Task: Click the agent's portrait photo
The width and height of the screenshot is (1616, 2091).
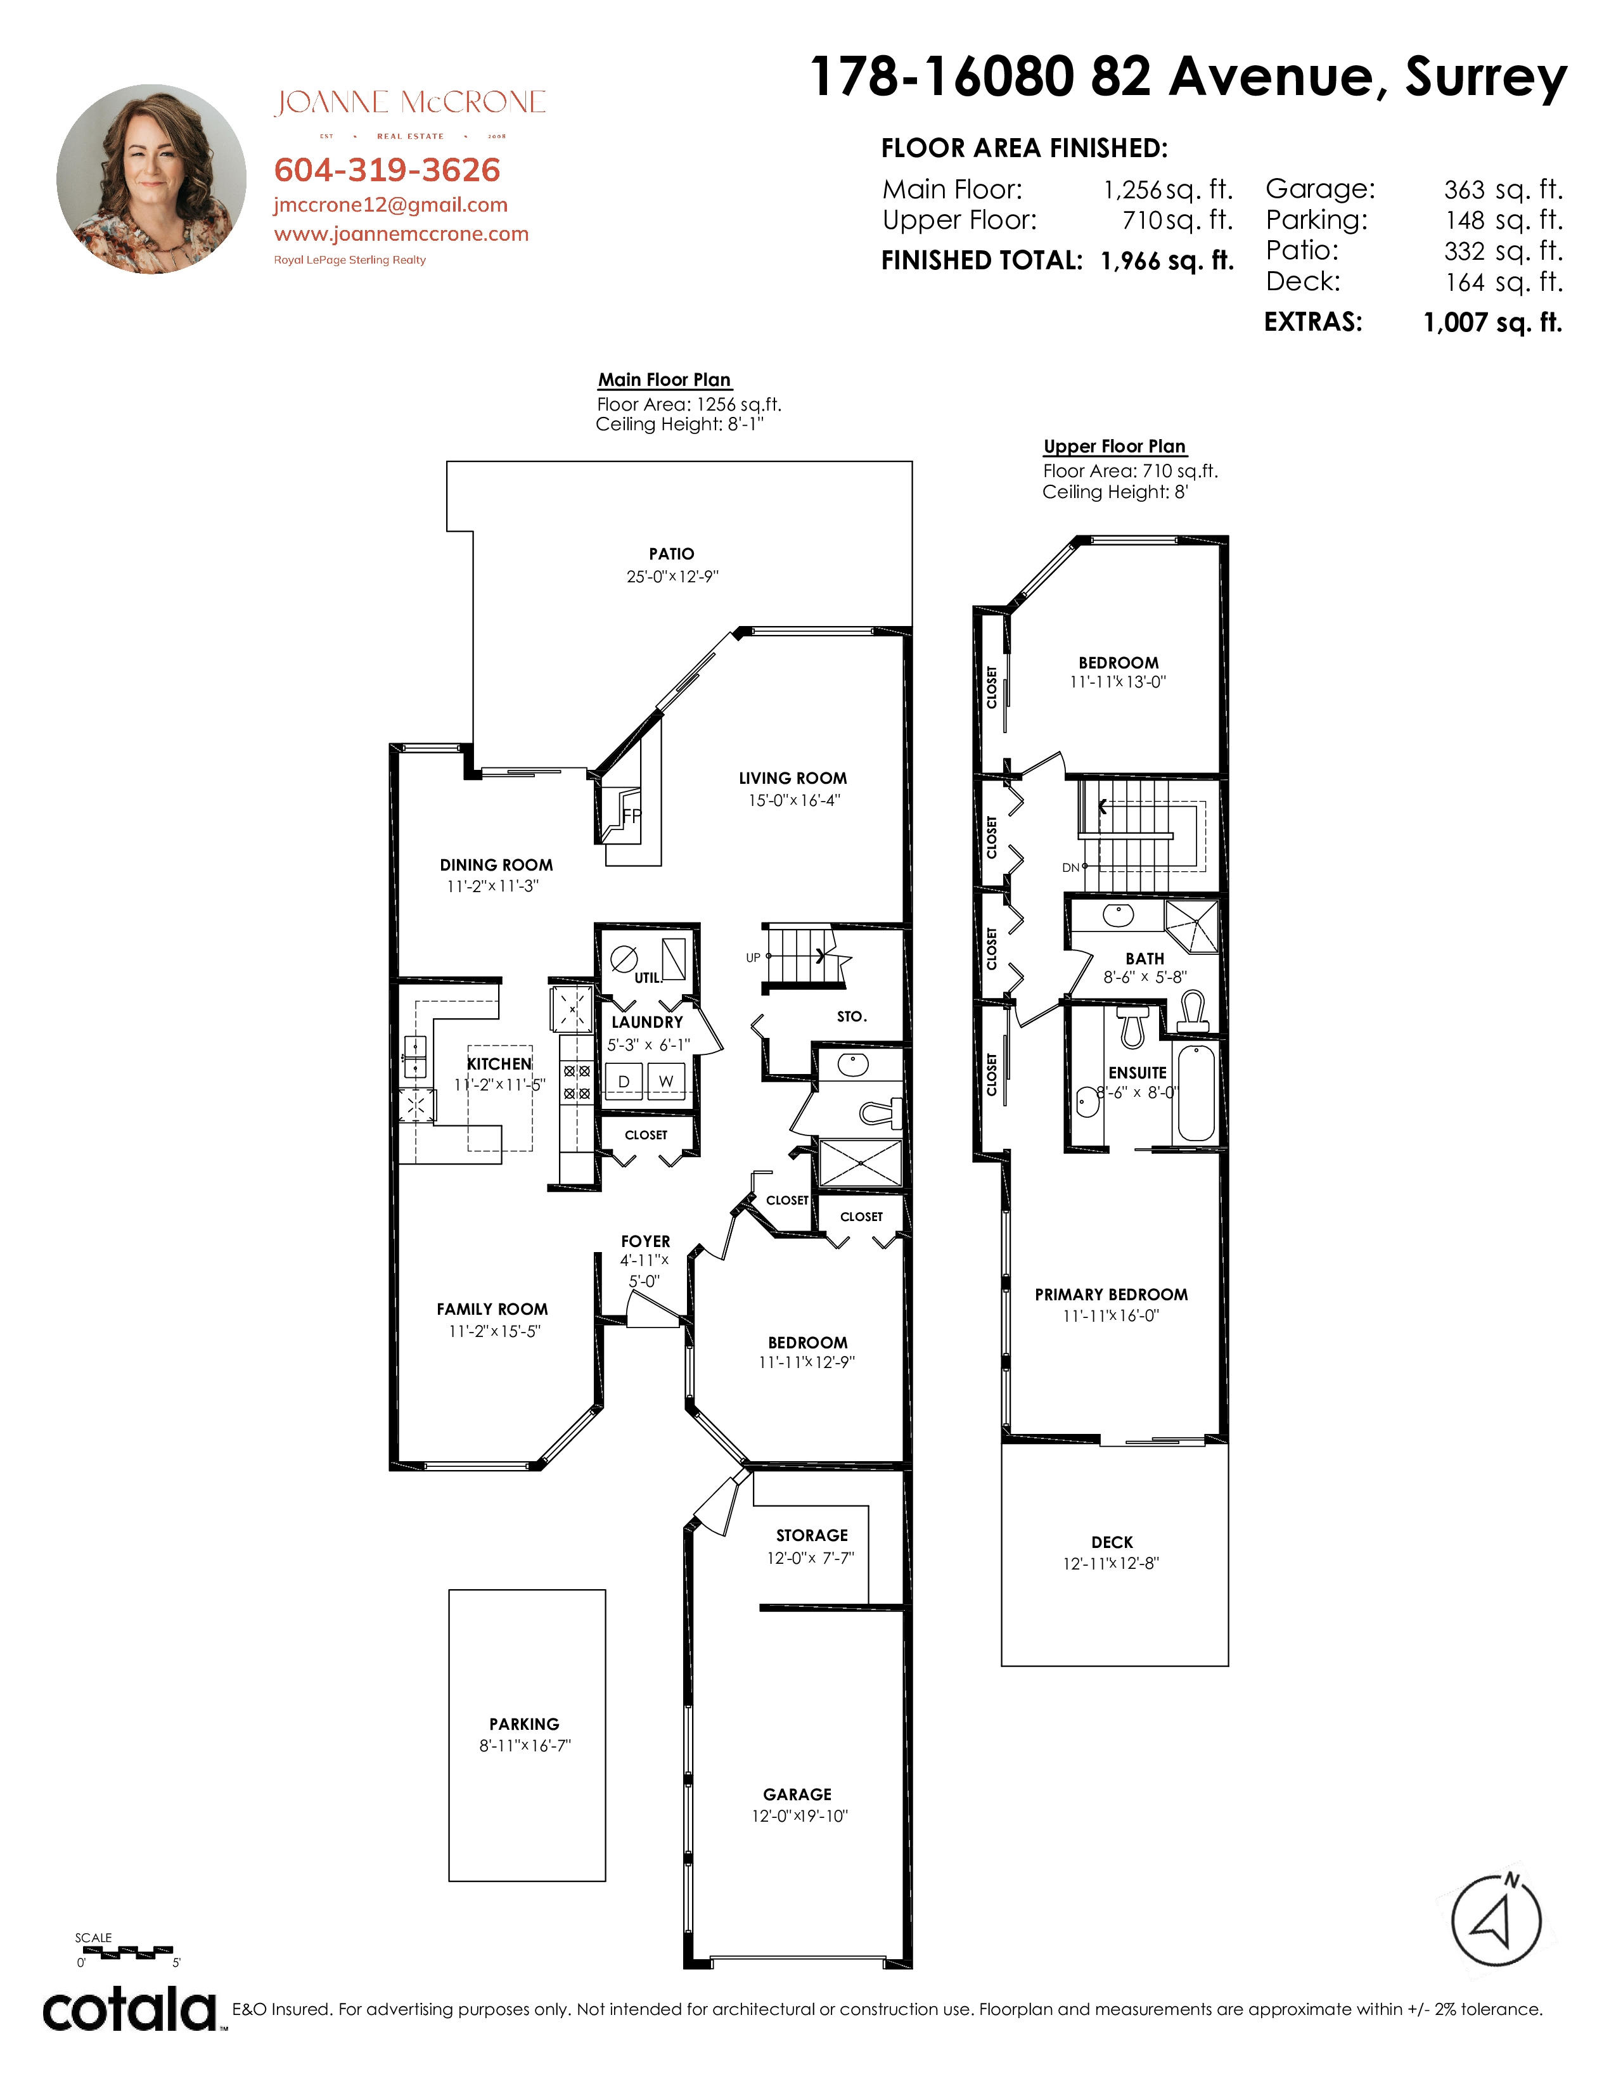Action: (x=151, y=179)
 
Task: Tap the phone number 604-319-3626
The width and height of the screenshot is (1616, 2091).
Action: (x=387, y=170)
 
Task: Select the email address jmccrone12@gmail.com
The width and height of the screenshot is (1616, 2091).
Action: (x=390, y=205)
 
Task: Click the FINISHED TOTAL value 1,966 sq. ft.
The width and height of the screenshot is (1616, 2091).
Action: (x=1167, y=260)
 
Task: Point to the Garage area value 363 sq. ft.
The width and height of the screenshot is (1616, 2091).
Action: (x=1503, y=189)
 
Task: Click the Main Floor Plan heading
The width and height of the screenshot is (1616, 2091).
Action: (x=664, y=380)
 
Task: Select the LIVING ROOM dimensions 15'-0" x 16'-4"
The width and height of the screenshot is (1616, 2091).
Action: (x=793, y=800)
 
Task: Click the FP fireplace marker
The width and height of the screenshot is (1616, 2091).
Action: (x=632, y=815)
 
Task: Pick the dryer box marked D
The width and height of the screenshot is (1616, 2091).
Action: (x=623, y=1081)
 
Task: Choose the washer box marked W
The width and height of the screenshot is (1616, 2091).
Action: (x=666, y=1081)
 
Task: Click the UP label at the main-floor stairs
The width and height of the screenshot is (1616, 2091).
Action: (x=753, y=957)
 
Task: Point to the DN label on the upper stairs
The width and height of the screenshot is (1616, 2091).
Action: (x=1070, y=867)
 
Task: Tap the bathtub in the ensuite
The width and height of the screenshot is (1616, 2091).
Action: (x=1196, y=1092)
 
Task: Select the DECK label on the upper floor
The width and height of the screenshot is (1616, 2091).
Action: (x=1112, y=1542)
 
